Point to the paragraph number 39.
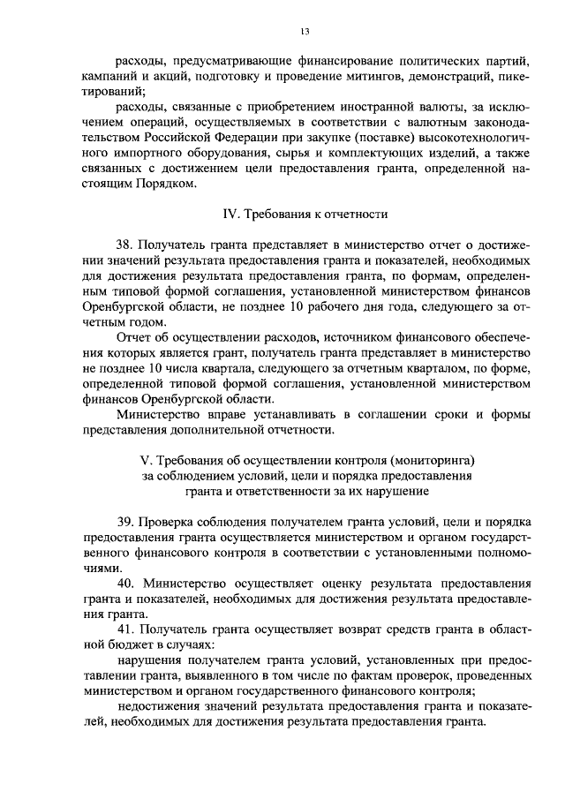point(126,521)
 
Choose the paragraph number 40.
point(126,584)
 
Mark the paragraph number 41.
point(126,628)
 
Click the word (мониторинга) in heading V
point(428,460)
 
